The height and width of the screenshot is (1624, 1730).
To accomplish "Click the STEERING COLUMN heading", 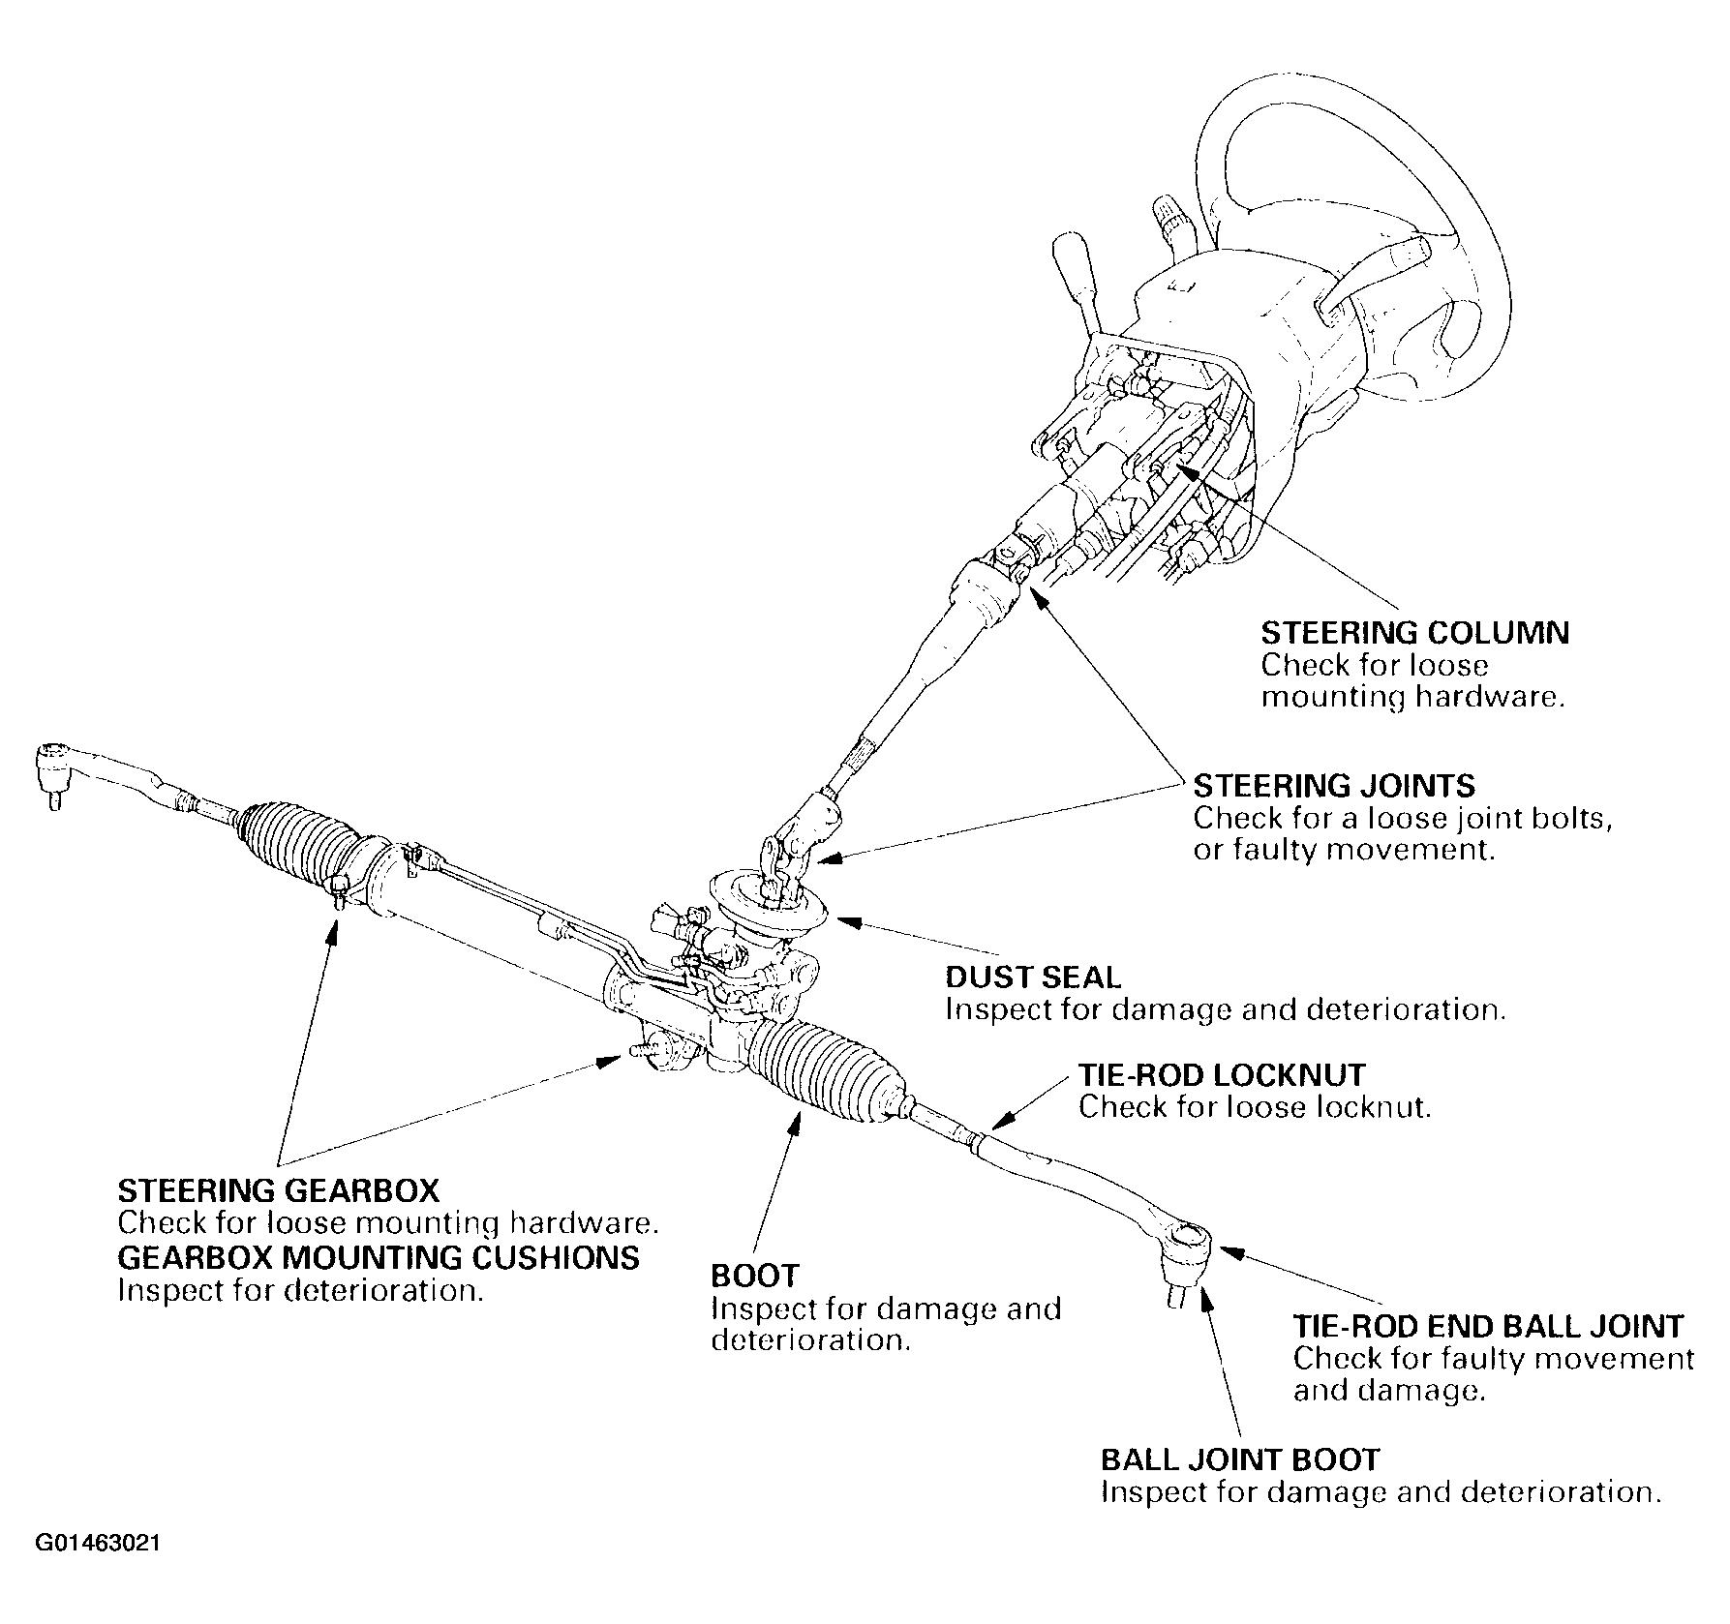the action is pos(1414,633).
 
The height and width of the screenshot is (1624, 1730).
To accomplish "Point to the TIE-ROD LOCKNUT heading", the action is pos(1222,1074).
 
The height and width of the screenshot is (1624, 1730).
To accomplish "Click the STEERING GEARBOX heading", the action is pos(279,1189).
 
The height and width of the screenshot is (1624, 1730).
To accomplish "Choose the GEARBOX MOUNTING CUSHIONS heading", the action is pos(379,1257).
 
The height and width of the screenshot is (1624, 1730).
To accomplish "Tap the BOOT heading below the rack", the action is pos(755,1276).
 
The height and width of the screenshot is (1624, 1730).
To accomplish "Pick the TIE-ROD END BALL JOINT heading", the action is pos(1488,1325).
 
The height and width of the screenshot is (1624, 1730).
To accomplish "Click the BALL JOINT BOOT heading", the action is pos(1240,1459).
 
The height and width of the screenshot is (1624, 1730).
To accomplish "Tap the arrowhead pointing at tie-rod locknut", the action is pos(998,1122).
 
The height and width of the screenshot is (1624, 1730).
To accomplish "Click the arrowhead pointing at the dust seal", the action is pos(843,920).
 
